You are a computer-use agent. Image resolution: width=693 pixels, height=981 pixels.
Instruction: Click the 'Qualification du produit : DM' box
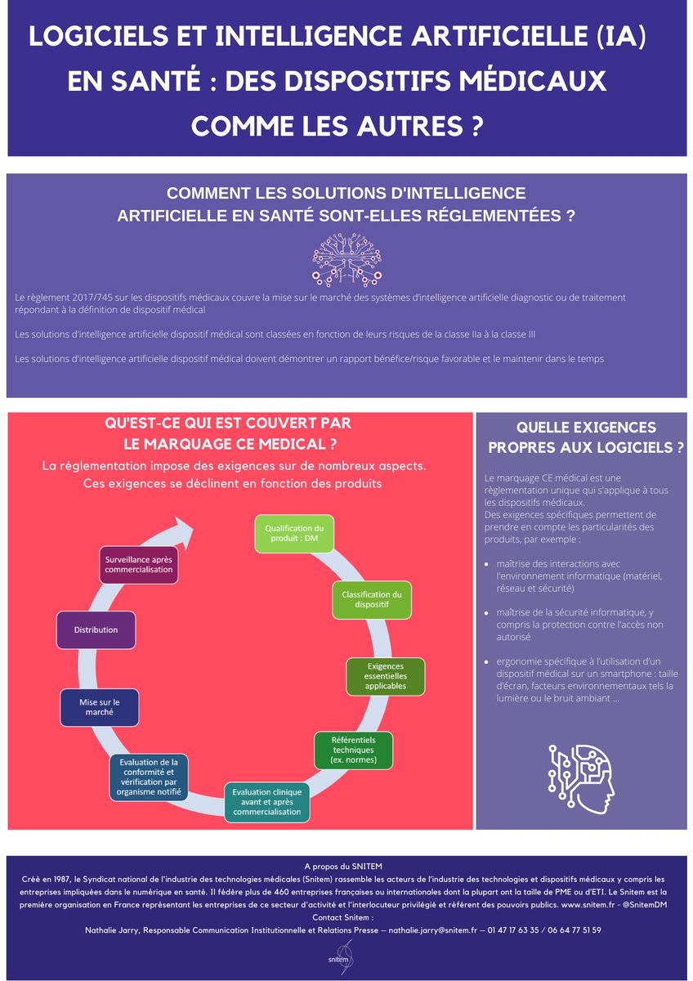tap(294, 534)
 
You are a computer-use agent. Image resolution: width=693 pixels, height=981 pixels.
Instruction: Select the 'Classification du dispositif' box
tap(371, 600)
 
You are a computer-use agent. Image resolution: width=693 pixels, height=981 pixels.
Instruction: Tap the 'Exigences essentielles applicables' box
tap(386, 677)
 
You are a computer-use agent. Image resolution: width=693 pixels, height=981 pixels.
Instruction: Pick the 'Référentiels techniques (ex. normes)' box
tap(353, 750)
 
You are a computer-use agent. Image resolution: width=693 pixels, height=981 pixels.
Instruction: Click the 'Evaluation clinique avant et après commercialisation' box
tap(267, 803)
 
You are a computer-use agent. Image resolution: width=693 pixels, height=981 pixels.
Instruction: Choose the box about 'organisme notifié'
tap(149, 777)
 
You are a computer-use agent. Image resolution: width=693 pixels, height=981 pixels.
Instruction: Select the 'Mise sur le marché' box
tap(99, 707)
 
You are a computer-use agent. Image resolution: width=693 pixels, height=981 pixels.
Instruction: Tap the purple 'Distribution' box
tap(96, 630)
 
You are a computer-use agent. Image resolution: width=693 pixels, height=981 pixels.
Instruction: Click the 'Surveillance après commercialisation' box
tap(138, 564)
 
